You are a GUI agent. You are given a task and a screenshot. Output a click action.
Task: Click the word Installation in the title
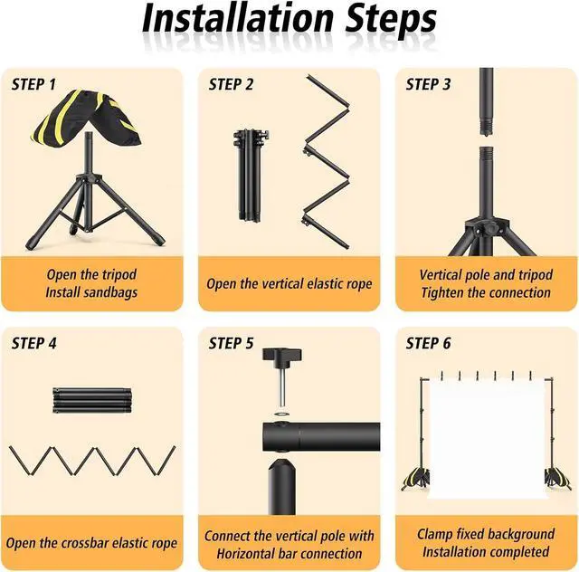coord(238,18)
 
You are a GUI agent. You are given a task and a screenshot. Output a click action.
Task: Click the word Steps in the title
coord(391,20)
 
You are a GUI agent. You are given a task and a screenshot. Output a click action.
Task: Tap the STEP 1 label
coord(33,84)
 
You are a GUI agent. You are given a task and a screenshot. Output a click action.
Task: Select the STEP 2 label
coord(232,84)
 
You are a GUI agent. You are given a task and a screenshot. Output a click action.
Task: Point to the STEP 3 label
coord(428,84)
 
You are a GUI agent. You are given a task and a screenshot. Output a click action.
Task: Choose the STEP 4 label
coord(34,343)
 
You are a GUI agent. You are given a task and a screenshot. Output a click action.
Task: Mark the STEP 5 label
coord(232,343)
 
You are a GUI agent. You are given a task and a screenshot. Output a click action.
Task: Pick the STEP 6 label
coord(428,343)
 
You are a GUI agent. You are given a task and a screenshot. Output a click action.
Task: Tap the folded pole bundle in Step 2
coord(251,176)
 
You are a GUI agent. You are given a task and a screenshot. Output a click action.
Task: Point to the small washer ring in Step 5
coord(282,412)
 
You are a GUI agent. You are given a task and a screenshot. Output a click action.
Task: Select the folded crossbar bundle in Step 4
coord(92,400)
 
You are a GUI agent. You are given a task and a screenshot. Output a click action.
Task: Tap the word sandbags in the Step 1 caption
coord(110,292)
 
